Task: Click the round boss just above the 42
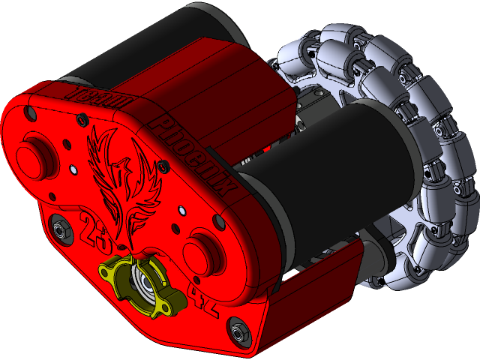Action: pyautogui.click(x=203, y=248)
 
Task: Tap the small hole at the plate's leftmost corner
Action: pyautogui.click(x=31, y=114)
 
